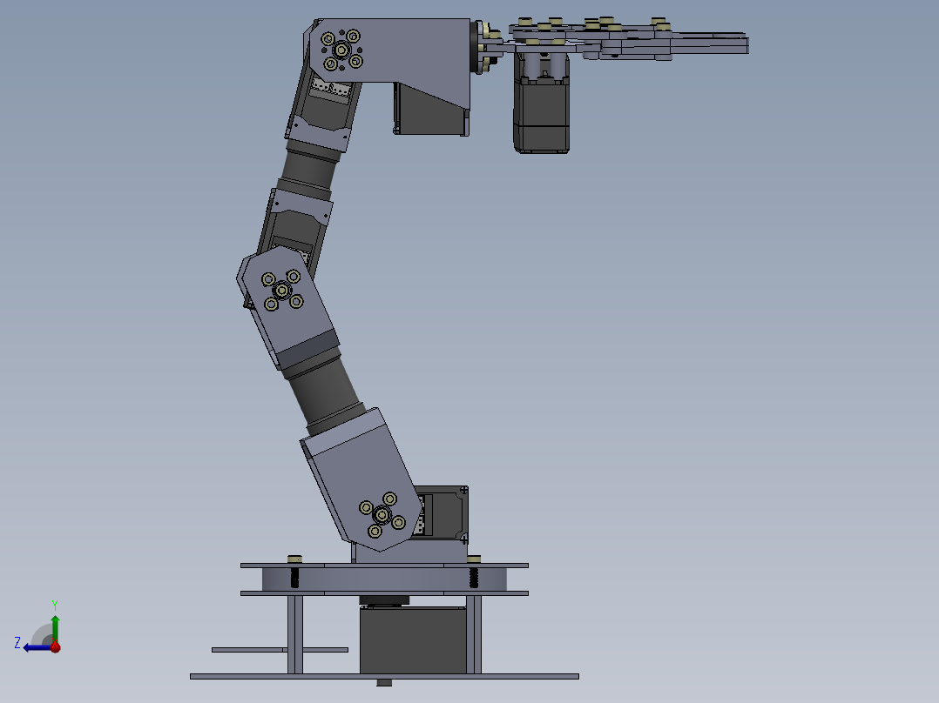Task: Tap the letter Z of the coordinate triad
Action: point(17,642)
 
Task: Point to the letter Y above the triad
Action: point(54,604)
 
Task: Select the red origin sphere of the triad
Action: point(55,647)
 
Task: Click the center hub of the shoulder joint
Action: point(382,514)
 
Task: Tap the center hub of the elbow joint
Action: point(281,290)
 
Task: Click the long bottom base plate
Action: point(383,676)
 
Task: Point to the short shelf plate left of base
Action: point(279,649)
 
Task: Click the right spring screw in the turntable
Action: point(474,577)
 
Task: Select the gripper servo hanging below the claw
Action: point(541,113)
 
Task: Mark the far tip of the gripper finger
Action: point(745,44)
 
